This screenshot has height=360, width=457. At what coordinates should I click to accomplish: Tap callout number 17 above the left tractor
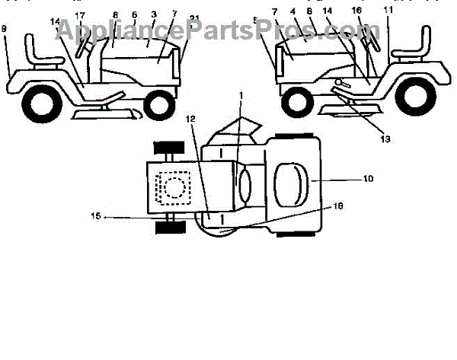pos(80,15)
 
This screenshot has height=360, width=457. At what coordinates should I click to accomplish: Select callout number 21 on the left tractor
pos(174,18)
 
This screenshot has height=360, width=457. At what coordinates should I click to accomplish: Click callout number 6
pos(135,14)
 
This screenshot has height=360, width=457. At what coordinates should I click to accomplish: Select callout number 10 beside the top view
pos(368,180)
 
